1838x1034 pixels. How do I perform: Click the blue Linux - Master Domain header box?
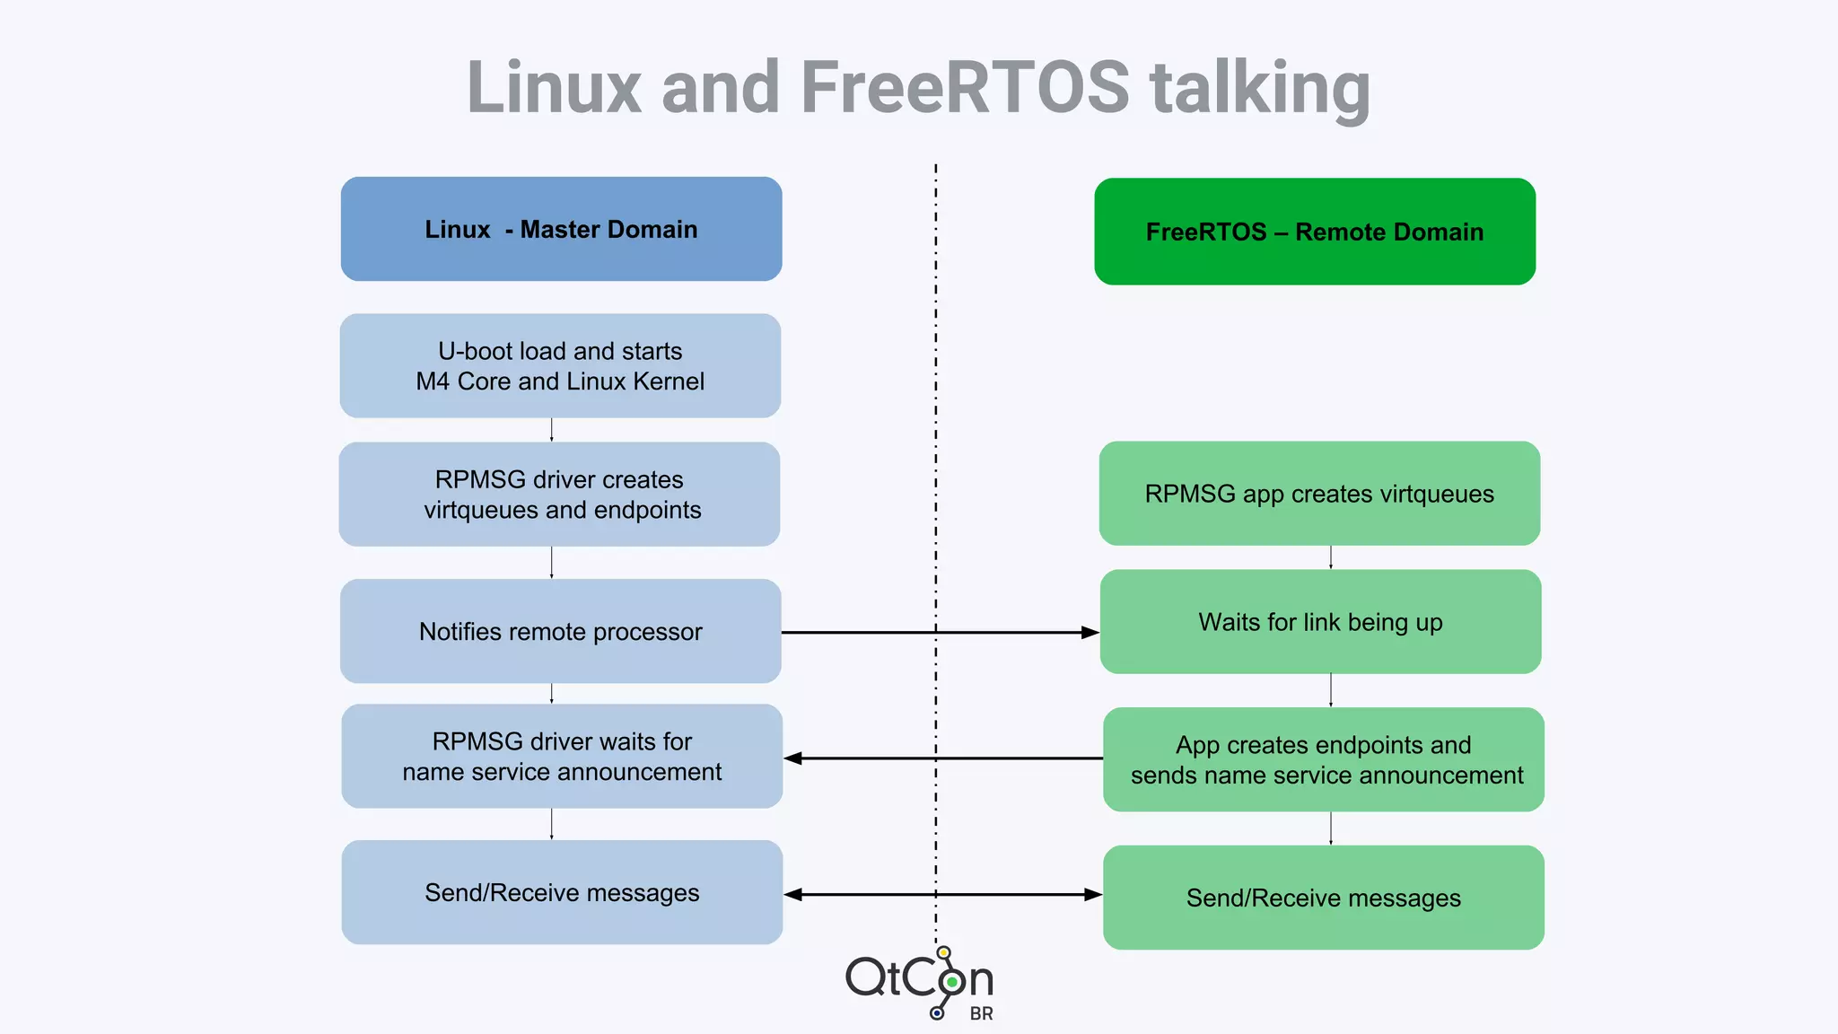561,229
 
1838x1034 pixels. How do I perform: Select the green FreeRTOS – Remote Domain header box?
1315,232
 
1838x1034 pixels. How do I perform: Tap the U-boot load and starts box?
560,365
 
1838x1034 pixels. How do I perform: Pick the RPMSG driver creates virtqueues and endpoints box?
559,494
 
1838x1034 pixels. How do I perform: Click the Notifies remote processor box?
560,631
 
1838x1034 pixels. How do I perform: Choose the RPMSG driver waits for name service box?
562,756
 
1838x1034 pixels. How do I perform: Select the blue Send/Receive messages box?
562,892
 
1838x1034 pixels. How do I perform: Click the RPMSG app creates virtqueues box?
1319,493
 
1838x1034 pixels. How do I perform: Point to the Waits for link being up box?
1320,621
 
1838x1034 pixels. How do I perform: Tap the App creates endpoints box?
1324,759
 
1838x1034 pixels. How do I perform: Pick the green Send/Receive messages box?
1324,898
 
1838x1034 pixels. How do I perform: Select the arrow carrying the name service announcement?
942,758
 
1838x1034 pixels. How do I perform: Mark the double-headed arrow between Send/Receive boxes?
942,895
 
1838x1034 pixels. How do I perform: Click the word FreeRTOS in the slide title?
964,87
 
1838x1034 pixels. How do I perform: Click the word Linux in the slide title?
555,87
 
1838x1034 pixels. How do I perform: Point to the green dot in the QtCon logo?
951,982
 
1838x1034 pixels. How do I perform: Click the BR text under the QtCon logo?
981,1014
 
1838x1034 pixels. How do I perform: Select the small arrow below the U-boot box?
551,430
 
